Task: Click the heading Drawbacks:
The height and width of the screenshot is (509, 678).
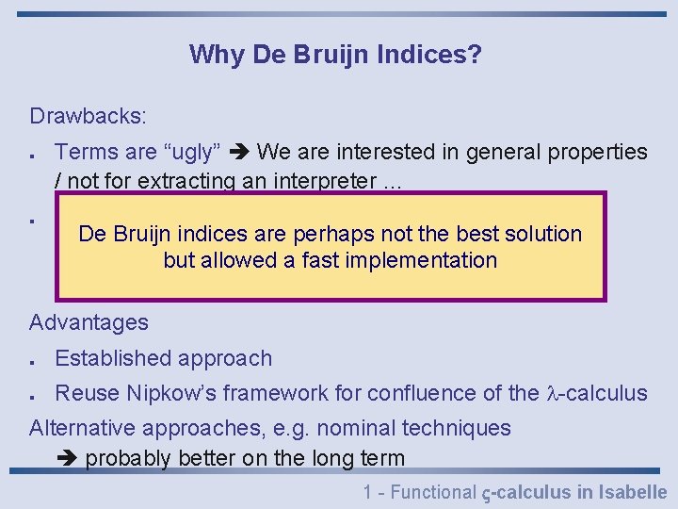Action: (x=88, y=116)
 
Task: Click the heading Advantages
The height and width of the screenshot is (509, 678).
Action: (x=89, y=322)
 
